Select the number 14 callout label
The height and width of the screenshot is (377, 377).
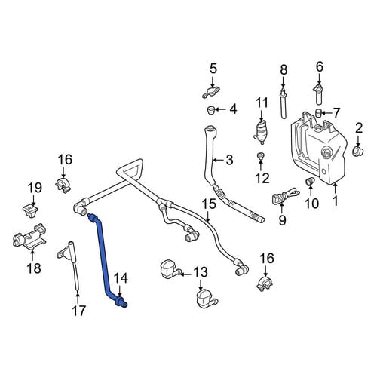tap(121, 279)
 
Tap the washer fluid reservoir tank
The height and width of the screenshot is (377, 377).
tap(319, 149)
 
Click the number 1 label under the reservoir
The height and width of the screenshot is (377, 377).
tap(335, 201)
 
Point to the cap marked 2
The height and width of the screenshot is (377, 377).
tap(358, 151)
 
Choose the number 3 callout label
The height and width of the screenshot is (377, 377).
tap(229, 160)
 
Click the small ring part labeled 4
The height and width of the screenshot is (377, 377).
tap(211, 110)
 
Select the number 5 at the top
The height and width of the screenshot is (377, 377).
tap(213, 69)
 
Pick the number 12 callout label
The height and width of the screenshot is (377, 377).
tap(262, 178)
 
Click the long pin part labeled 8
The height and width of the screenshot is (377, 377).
tap(284, 103)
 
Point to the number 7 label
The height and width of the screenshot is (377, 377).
tap(336, 113)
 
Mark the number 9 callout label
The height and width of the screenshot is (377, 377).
tap(283, 220)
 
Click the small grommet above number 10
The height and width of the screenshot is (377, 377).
tap(310, 181)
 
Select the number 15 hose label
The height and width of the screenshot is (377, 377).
tap(209, 204)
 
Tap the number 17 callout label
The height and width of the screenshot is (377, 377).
tap(78, 311)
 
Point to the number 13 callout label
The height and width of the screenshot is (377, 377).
tap(201, 272)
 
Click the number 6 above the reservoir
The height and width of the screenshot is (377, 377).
tap(319, 67)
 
